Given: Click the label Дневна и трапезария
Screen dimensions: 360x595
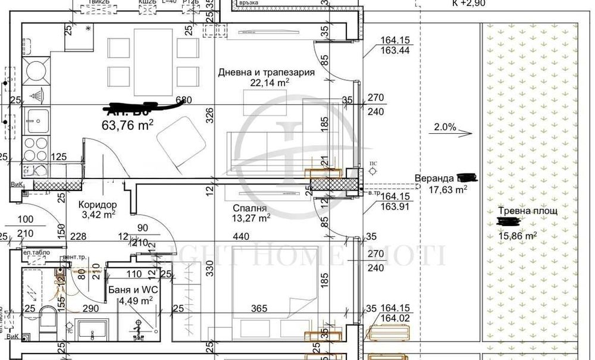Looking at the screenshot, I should (x=266, y=72).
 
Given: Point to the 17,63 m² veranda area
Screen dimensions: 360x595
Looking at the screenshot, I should (x=447, y=190).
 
